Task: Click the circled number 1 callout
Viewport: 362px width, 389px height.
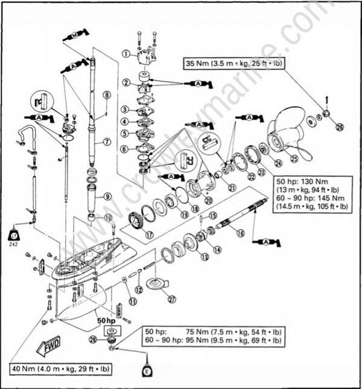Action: click(x=126, y=54)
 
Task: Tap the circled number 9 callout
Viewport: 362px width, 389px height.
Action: click(x=106, y=196)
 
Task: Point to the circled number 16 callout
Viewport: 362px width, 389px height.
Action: click(x=240, y=233)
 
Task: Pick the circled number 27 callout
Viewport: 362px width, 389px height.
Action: click(x=171, y=299)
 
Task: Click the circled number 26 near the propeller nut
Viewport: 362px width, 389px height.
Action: click(x=339, y=127)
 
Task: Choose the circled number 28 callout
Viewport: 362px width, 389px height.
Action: click(x=93, y=341)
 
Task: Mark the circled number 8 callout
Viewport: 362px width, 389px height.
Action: click(x=106, y=95)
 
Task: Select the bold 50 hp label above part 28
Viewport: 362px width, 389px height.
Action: click(x=107, y=321)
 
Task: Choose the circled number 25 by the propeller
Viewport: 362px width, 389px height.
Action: click(x=295, y=159)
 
